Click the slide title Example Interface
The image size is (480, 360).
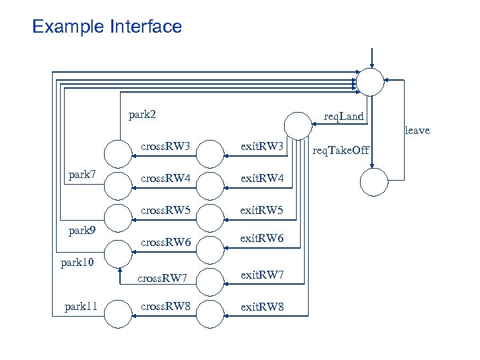click(107, 27)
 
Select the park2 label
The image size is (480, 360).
click(142, 115)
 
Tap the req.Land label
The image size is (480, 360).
click(343, 117)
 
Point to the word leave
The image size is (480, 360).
click(417, 131)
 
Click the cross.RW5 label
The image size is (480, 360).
click(165, 211)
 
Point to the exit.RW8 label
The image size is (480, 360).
click(262, 307)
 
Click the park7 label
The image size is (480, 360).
click(83, 175)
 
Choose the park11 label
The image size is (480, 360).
click(81, 307)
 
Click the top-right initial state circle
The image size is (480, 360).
click(370, 81)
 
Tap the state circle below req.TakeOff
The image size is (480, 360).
click(373, 181)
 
